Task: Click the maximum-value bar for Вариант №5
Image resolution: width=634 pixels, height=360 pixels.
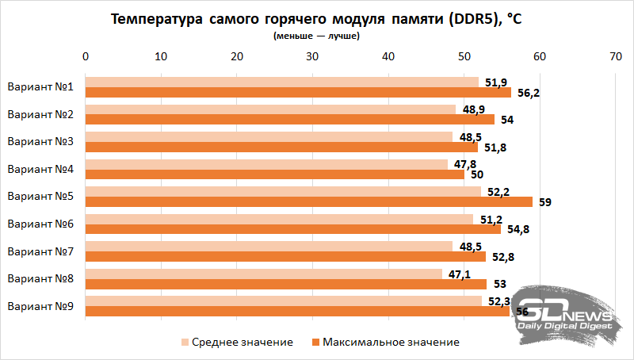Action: coord(309,201)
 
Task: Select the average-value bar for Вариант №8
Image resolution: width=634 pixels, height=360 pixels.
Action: coord(263,274)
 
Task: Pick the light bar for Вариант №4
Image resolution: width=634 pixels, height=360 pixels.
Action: coord(266,164)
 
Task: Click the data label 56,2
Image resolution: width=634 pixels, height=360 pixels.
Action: coord(529,93)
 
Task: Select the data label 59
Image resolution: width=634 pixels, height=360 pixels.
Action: coord(545,202)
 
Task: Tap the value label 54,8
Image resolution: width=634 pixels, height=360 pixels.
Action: coord(516,229)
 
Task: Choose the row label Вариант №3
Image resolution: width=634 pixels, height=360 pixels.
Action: coord(40,142)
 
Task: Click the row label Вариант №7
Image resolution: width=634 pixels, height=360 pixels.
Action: coord(40,251)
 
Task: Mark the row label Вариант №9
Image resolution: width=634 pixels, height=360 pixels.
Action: coord(40,306)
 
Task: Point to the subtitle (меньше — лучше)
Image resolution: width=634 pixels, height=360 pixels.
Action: coord(316,36)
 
